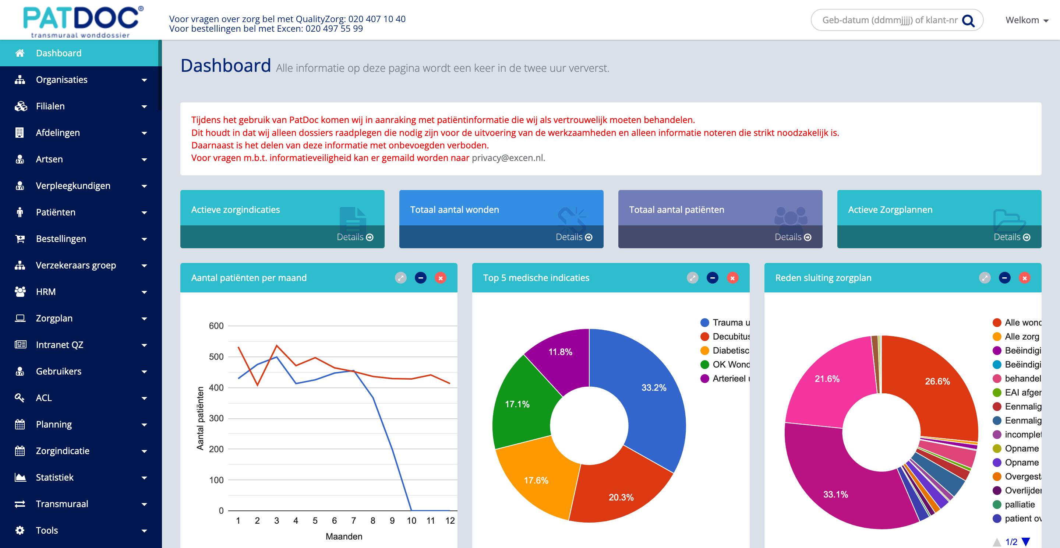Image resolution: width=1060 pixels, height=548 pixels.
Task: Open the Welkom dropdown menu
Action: coord(1027,20)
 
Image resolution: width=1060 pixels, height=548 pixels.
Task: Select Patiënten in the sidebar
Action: coord(56,212)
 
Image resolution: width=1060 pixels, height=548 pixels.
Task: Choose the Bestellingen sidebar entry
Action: coord(61,239)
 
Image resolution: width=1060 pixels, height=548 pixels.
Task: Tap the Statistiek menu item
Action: coord(54,477)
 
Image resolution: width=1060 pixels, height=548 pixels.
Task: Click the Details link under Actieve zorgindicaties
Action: coord(355,237)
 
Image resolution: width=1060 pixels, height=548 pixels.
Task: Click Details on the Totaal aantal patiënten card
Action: coord(792,237)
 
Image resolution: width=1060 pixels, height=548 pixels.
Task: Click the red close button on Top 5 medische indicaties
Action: coord(732,278)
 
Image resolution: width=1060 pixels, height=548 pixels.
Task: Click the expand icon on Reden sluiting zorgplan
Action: coord(985,278)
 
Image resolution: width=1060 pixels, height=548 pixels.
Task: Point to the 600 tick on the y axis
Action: coord(216,326)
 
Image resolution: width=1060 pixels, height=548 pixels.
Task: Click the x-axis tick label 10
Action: coord(411,521)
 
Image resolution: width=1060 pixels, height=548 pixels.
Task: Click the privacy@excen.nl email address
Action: coord(508,158)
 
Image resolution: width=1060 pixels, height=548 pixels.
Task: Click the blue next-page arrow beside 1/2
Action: coord(1026,542)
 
